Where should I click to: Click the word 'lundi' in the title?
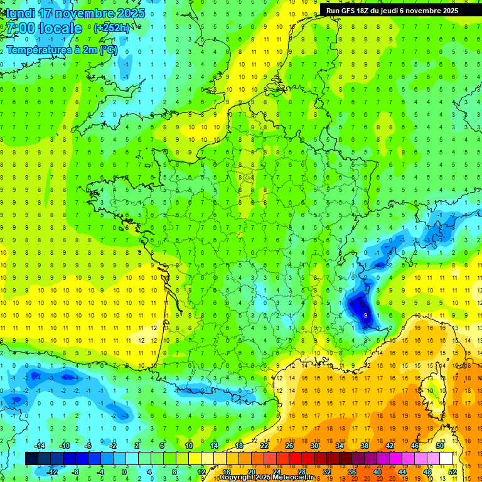(x=19, y=13)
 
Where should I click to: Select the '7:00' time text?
(x=19, y=29)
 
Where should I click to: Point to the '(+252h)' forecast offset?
(x=112, y=28)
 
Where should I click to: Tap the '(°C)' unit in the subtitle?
(x=107, y=50)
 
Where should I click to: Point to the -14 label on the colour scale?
(x=38, y=446)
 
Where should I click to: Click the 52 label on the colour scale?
(x=453, y=472)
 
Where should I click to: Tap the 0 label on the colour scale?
(x=124, y=472)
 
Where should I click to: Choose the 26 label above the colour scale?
(x=289, y=446)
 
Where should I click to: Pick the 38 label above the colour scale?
(x=365, y=446)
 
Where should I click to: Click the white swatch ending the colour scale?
(x=446, y=459)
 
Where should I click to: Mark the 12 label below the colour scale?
(x=201, y=472)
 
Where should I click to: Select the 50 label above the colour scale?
(x=440, y=446)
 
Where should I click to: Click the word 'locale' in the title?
(x=60, y=29)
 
